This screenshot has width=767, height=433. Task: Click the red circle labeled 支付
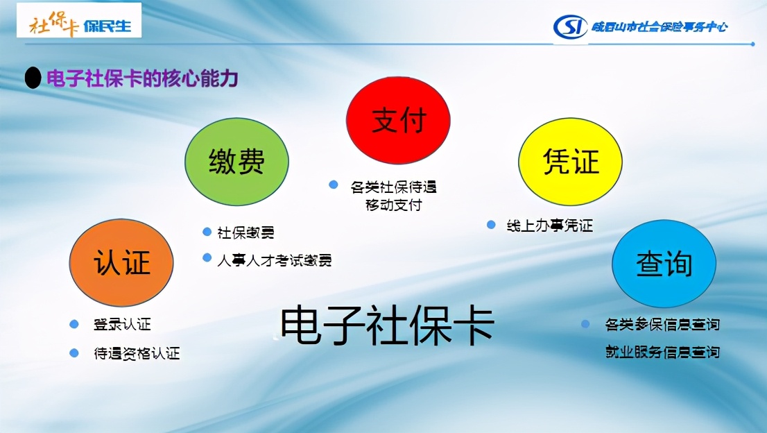[x=398, y=121]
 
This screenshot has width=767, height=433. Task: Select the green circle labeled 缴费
[x=236, y=162]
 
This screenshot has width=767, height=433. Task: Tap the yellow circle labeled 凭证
[x=571, y=162]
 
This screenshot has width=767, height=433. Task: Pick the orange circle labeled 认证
[x=121, y=263]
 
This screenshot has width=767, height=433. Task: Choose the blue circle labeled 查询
[x=664, y=263]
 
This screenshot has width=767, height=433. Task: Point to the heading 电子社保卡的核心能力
[x=142, y=78]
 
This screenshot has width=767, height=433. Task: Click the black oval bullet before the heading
[x=33, y=78]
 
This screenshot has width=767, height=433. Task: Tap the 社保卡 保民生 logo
[x=79, y=24]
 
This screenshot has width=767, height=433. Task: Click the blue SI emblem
[x=571, y=27]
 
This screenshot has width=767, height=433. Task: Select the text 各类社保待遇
[x=393, y=187]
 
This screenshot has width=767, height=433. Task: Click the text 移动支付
[x=393, y=205]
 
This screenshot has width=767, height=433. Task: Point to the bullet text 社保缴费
[x=245, y=232]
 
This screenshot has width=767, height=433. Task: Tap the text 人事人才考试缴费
[x=274, y=260]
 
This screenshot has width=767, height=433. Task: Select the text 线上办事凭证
[x=549, y=226]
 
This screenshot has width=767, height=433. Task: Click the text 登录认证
[x=122, y=324]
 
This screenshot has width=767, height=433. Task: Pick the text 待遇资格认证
[x=137, y=353]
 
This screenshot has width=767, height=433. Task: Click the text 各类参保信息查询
[x=662, y=324]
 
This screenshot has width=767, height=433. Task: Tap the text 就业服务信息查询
[x=662, y=352]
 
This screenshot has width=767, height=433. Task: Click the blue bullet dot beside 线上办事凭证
[x=491, y=225]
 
